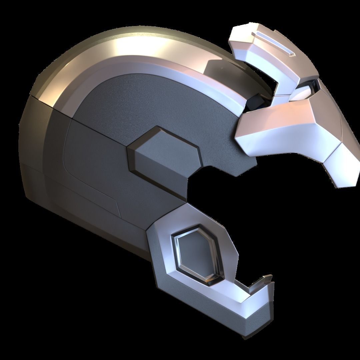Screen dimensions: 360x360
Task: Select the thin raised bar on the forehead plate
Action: [273, 43]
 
